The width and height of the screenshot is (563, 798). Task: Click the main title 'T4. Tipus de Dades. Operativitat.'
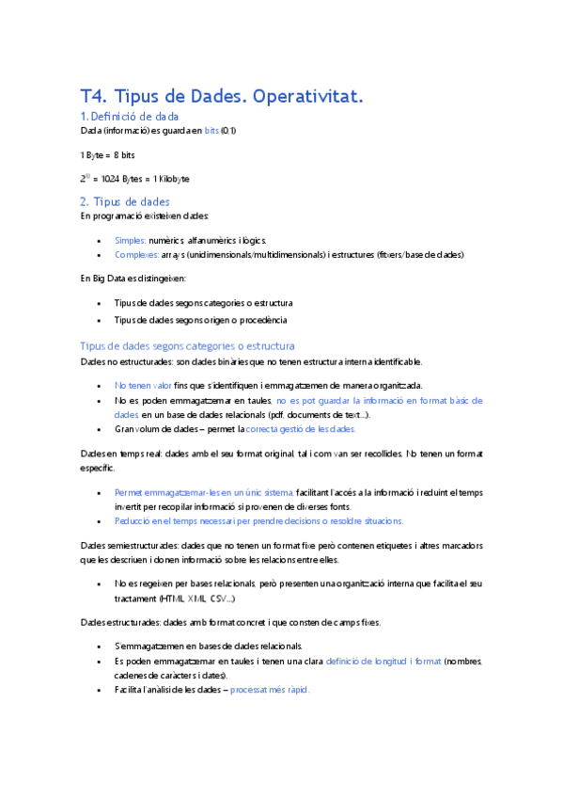click(222, 96)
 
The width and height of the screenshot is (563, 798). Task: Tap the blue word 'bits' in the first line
click(212, 130)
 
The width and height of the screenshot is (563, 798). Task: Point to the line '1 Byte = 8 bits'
click(108, 153)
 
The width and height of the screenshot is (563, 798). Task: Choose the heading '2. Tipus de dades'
click(125, 201)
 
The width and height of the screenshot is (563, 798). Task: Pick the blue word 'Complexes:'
click(136, 254)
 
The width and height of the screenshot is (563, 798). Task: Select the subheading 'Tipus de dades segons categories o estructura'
click(188, 346)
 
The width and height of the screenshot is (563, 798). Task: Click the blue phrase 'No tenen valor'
click(143, 386)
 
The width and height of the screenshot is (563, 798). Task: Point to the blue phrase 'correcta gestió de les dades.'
click(301, 429)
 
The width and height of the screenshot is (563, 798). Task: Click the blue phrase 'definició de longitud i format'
click(383, 662)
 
